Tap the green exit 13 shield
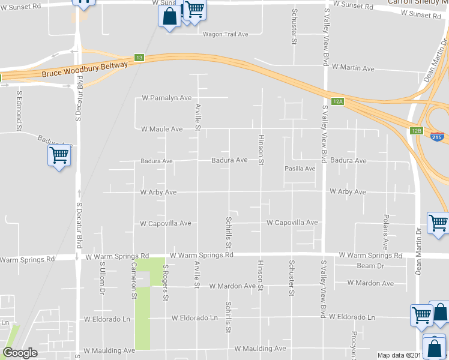(x=139, y=57)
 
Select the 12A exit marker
(x=338, y=101)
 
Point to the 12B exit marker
(x=417, y=130)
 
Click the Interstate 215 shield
(x=438, y=137)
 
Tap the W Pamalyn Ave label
(x=166, y=98)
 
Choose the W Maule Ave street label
(x=161, y=129)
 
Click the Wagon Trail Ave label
(x=226, y=34)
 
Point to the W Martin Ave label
(x=353, y=68)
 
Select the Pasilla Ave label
(x=300, y=169)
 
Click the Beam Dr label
(x=370, y=266)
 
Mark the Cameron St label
(x=134, y=280)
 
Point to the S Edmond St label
(x=19, y=110)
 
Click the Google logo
(x=20, y=353)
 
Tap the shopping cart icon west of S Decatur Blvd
(x=59, y=156)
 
